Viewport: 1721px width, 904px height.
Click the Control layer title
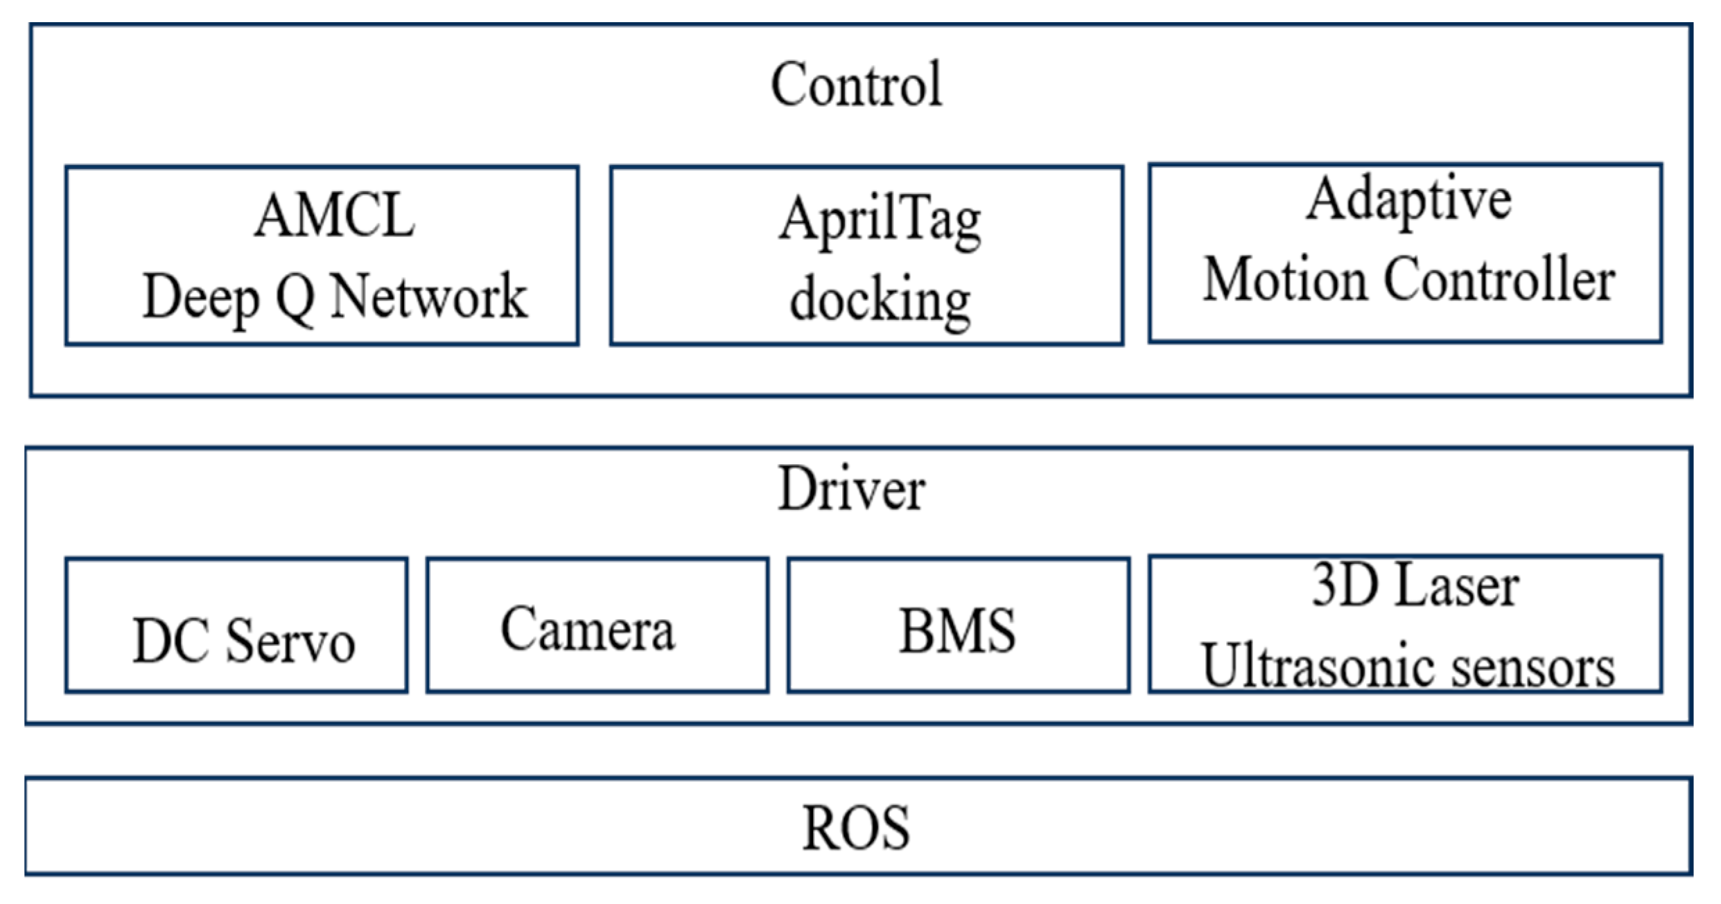(857, 85)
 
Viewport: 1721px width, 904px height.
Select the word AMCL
(335, 216)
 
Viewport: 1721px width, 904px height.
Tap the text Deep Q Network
(335, 296)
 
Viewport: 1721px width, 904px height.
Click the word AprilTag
(880, 220)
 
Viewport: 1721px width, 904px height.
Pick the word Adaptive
(1408, 200)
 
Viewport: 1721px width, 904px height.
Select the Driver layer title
(851, 489)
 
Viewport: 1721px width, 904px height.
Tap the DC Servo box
(237, 626)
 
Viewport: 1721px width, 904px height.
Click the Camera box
(597, 626)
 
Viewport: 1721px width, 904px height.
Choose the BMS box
(958, 626)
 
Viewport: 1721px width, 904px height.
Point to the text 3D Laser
(1415, 586)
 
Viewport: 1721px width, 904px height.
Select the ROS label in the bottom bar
(856, 828)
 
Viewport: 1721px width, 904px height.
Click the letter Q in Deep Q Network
(295, 298)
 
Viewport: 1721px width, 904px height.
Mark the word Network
(428, 296)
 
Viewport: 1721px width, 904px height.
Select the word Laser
(1457, 586)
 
